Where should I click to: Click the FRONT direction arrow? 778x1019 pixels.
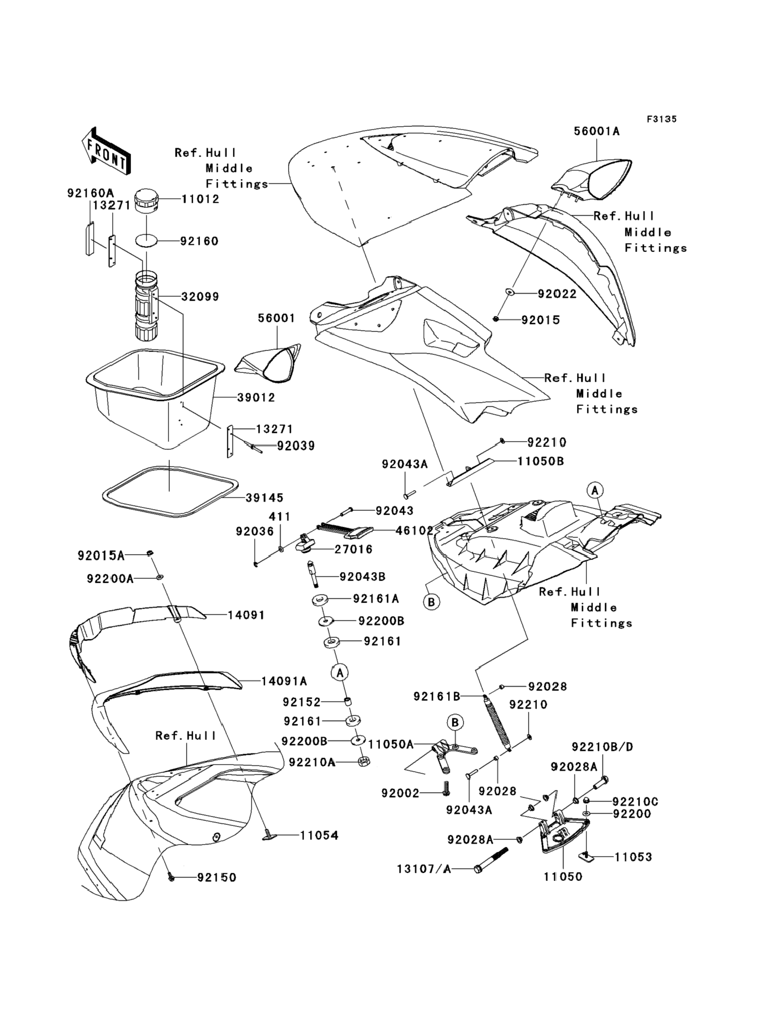(x=105, y=151)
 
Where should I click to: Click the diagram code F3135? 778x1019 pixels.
(x=661, y=119)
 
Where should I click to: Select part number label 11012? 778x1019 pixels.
(x=200, y=199)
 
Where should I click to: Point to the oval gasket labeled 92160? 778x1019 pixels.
(x=146, y=241)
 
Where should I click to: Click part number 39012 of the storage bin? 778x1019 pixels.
(x=256, y=397)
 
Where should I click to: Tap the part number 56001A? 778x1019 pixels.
(x=596, y=131)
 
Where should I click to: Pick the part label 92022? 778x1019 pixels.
(x=557, y=294)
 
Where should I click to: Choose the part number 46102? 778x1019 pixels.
(x=414, y=530)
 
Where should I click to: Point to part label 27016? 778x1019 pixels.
(x=353, y=549)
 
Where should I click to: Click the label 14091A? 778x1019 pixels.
(x=284, y=681)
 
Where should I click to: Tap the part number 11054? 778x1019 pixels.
(x=319, y=836)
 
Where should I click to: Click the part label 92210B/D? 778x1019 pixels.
(x=602, y=747)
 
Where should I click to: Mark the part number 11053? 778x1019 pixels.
(x=633, y=857)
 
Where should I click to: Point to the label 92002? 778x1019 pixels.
(x=400, y=793)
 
